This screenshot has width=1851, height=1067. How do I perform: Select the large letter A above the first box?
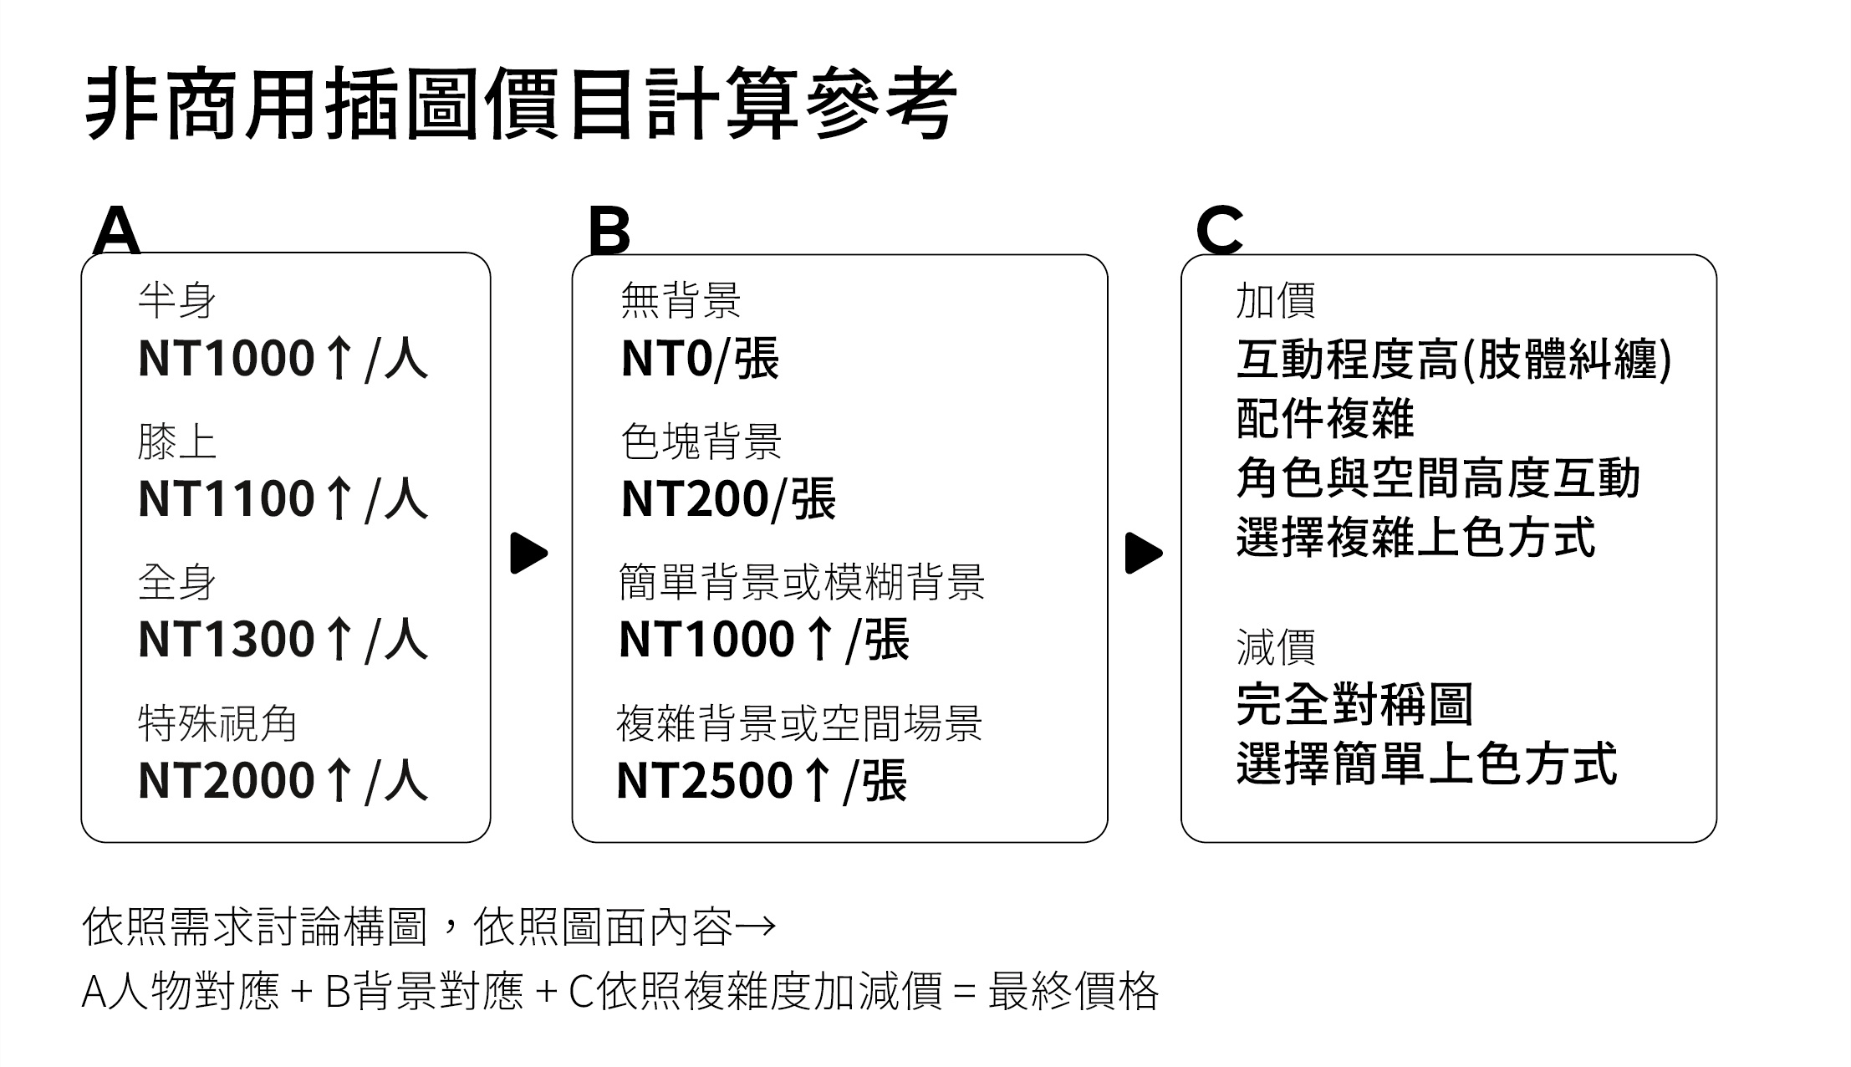pyautogui.click(x=116, y=230)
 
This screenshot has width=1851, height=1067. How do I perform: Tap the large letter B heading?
pyautogui.click(x=609, y=230)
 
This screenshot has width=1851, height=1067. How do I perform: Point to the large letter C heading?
pyautogui.click(x=1219, y=230)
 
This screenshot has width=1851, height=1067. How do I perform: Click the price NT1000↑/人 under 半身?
pyautogui.click(x=283, y=358)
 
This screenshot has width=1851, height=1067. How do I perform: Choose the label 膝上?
pyautogui.click(x=177, y=442)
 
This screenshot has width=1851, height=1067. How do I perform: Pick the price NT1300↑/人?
pyautogui.click(x=283, y=639)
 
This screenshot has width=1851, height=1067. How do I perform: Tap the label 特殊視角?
pyautogui.click(x=217, y=723)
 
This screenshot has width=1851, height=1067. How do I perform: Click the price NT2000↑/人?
pyautogui.click(x=283, y=779)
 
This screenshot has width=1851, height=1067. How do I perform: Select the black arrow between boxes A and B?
pyautogui.click(x=528, y=553)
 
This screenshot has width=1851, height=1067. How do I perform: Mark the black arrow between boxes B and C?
pyautogui.click(x=1143, y=553)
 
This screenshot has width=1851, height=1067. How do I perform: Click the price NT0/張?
pyautogui.click(x=700, y=358)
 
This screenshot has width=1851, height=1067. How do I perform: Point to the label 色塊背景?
pyautogui.click(x=701, y=442)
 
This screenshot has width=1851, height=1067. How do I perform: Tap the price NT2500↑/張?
pyautogui.click(x=762, y=779)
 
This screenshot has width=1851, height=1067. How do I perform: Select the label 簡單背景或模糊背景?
pyautogui.click(x=802, y=582)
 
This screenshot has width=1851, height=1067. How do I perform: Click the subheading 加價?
pyautogui.click(x=1276, y=300)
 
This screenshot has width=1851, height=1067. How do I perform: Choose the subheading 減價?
pyautogui.click(x=1276, y=647)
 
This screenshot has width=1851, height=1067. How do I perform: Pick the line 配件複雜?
pyautogui.click(x=1325, y=418)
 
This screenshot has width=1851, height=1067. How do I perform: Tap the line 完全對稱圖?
pyautogui.click(x=1354, y=704)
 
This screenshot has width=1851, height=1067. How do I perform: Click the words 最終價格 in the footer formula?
pyautogui.click(x=1073, y=992)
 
